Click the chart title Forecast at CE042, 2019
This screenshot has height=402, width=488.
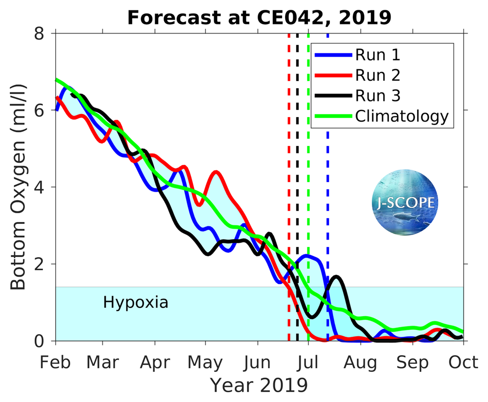click(259, 18)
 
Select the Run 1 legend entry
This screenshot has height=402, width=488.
click(378, 55)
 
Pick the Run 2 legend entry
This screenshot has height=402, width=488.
click(378, 75)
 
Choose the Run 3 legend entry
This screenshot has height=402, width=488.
click(378, 96)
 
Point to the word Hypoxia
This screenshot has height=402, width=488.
click(136, 302)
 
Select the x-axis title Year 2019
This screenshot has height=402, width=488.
click(259, 385)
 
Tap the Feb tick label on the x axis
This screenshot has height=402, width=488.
click(56, 363)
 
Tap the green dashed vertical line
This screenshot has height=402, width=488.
click(308, 195)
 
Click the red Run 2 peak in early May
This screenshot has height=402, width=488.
click(216, 172)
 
